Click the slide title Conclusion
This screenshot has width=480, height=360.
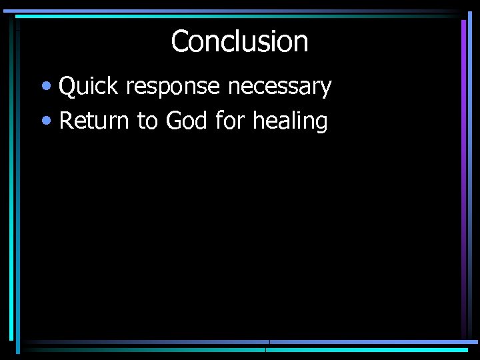[x=239, y=41]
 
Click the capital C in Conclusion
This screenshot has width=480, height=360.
[x=181, y=41]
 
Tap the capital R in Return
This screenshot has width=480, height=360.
[x=67, y=121]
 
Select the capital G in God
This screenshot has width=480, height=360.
[x=174, y=121]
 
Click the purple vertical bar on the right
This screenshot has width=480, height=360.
[x=463, y=173]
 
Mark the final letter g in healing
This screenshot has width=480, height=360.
[x=321, y=125]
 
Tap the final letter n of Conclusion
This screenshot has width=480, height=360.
[x=301, y=43]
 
